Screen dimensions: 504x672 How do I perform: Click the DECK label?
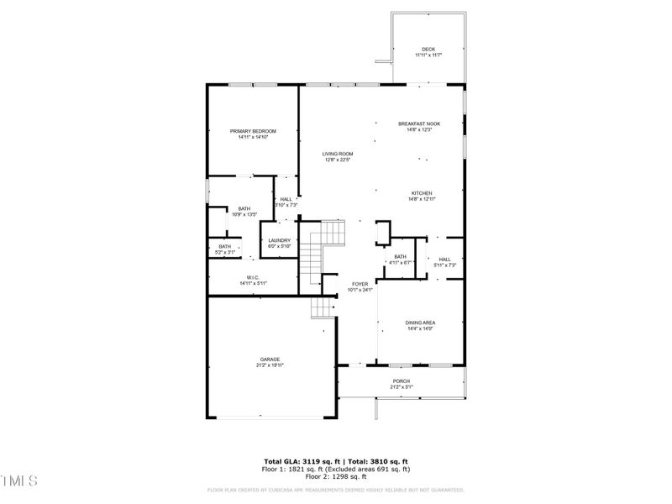(428, 51)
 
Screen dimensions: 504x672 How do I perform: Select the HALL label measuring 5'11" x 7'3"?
(444, 261)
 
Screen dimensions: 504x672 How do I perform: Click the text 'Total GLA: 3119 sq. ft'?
(300, 461)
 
